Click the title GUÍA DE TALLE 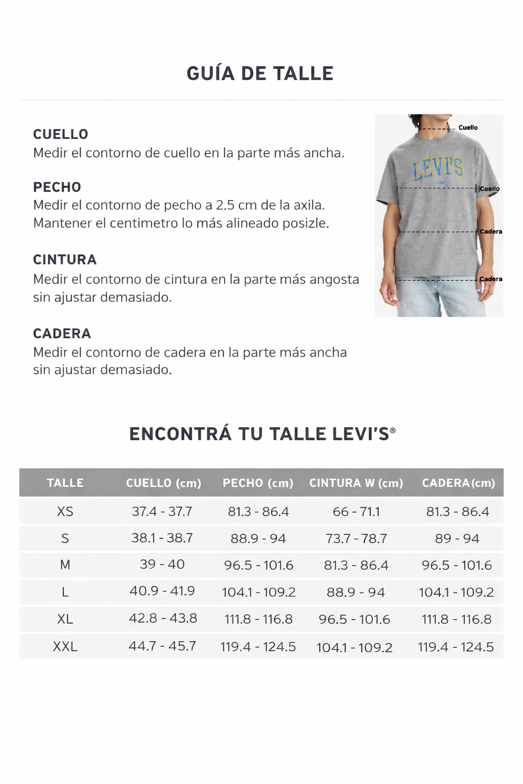260,73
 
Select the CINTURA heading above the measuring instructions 65,260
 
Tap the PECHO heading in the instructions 57,187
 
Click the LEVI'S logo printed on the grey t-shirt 438,168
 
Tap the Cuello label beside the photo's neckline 468,128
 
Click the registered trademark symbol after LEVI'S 393,431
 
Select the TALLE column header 65,483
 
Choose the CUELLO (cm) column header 163,483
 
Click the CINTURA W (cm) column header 356,483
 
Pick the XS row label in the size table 65,511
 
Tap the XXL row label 65,647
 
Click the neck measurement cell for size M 162,565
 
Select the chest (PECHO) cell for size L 258,592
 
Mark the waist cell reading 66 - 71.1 356,511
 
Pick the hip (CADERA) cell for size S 457,538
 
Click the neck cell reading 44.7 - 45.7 162,646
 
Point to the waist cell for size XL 354,619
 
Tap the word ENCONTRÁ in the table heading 180,434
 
